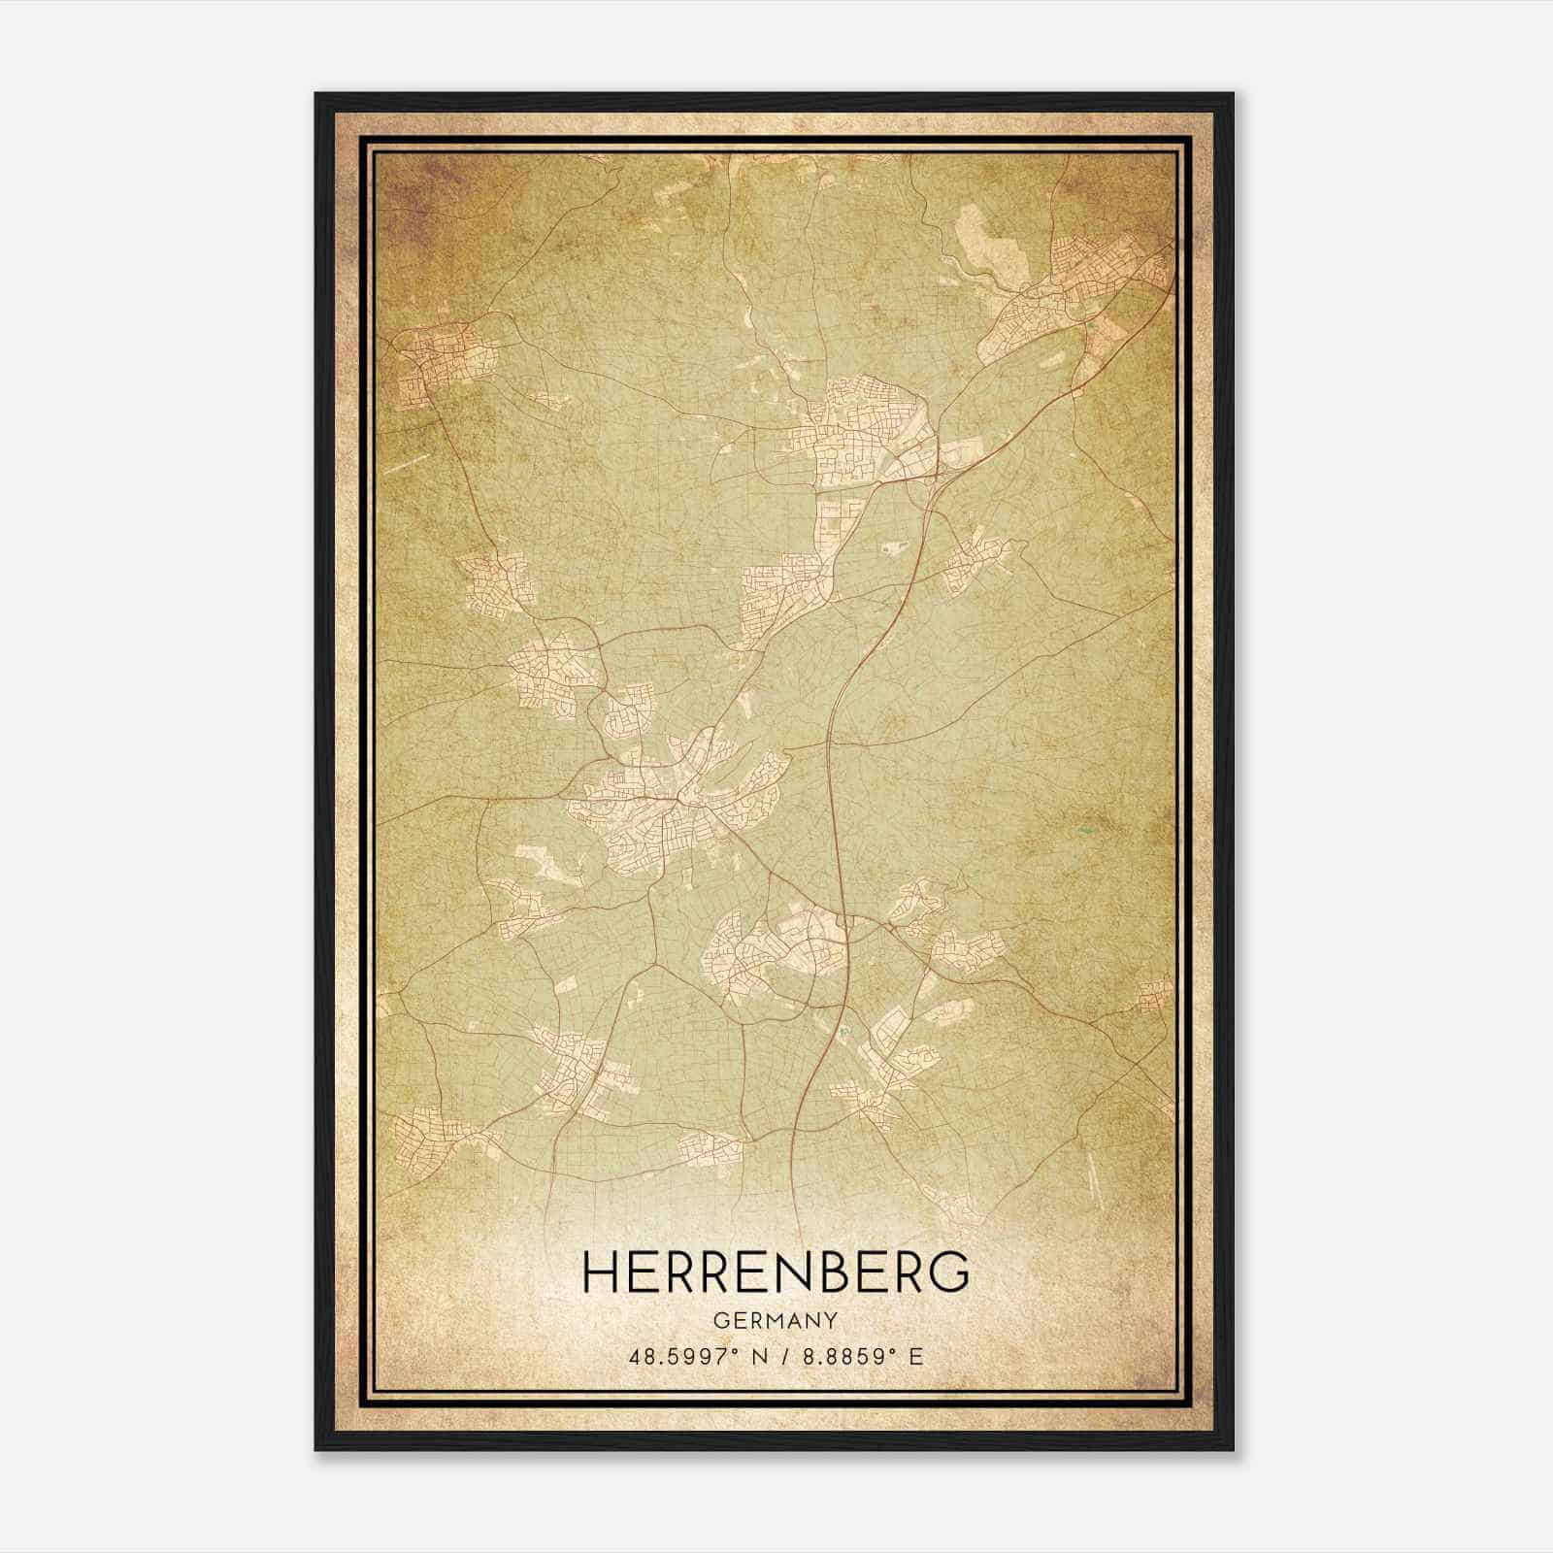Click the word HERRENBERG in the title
pyautogui.click(x=776, y=1272)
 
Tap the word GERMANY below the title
pyautogui.click(x=776, y=1321)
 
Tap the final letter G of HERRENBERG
pyautogui.click(x=949, y=1272)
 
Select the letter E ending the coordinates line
pyautogui.click(x=916, y=1357)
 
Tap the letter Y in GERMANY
pyautogui.click(x=831, y=1321)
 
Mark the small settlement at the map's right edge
pyautogui.click(x=1155, y=995)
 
